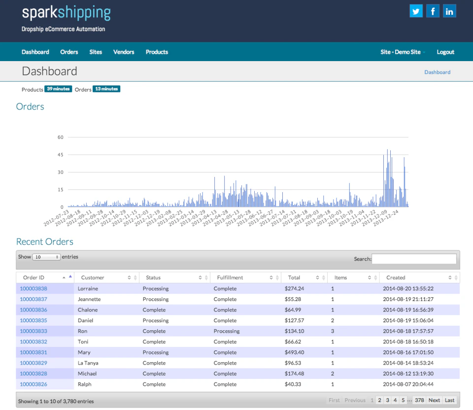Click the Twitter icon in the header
coord(416,11)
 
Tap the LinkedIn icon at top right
coord(449,11)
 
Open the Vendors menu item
coord(124,52)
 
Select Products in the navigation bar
coord(157,52)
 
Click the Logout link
coord(445,52)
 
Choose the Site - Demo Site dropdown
coord(403,52)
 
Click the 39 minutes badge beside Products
coord(58,89)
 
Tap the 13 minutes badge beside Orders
coord(106,89)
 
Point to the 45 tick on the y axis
coord(61,155)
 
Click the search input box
coord(414,259)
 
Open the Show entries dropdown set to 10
coord(46,257)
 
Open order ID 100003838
coord(34,289)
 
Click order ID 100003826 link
coord(34,384)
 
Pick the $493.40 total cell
coord(294,352)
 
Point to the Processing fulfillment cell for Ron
coord(227,331)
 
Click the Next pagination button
coord(434,400)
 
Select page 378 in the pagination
coord(419,400)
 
